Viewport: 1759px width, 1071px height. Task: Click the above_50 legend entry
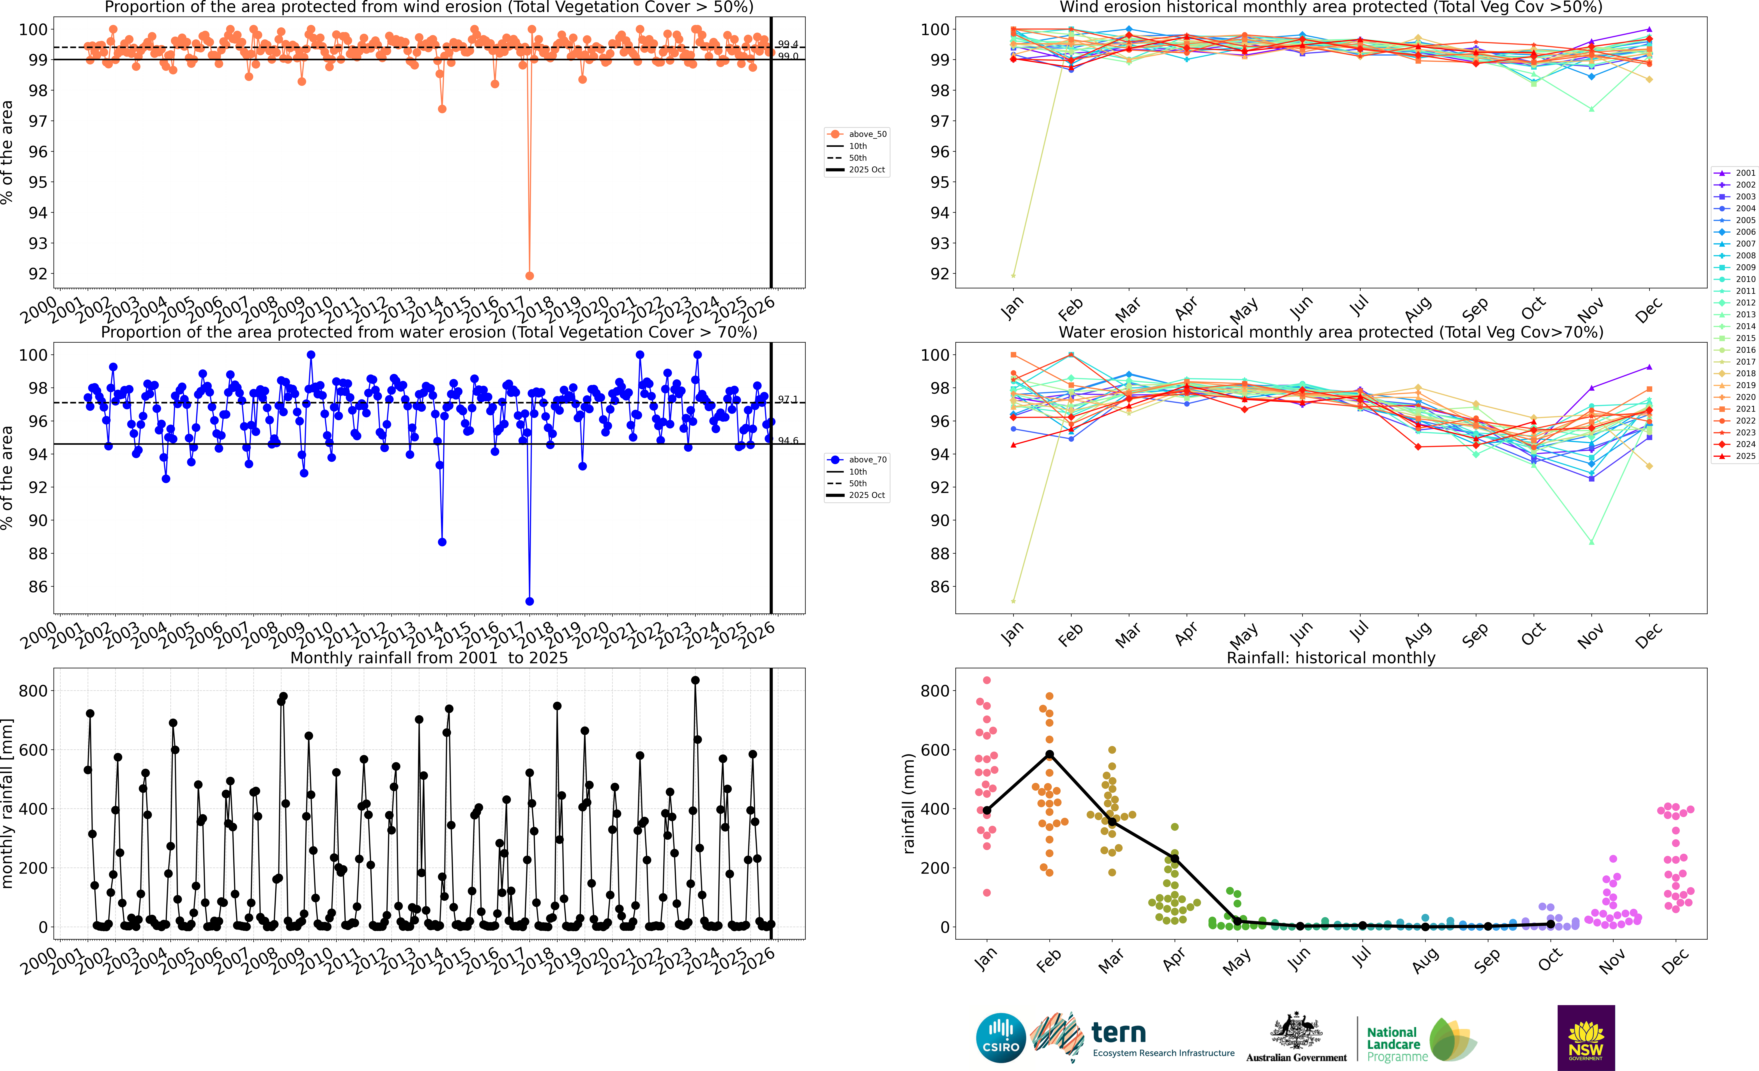click(x=857, y=134)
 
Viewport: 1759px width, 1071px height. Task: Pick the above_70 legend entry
click(x=857, y=460)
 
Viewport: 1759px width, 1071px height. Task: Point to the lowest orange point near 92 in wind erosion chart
click(x=529, y=276)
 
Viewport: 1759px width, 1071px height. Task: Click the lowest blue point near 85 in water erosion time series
click(x=529, y=601)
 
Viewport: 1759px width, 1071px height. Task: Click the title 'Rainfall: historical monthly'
click(x=1331, y=658)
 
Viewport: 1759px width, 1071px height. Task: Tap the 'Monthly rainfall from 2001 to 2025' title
click(x=429, y=658)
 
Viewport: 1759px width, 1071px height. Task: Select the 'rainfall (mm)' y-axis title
click(x=909, y=803)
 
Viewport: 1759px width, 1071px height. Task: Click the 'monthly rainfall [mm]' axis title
click(x=8, y=803)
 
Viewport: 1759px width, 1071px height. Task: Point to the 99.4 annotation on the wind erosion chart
click(x=787, y=44)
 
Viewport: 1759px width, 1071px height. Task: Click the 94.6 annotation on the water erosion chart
click(x=787, y=441)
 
